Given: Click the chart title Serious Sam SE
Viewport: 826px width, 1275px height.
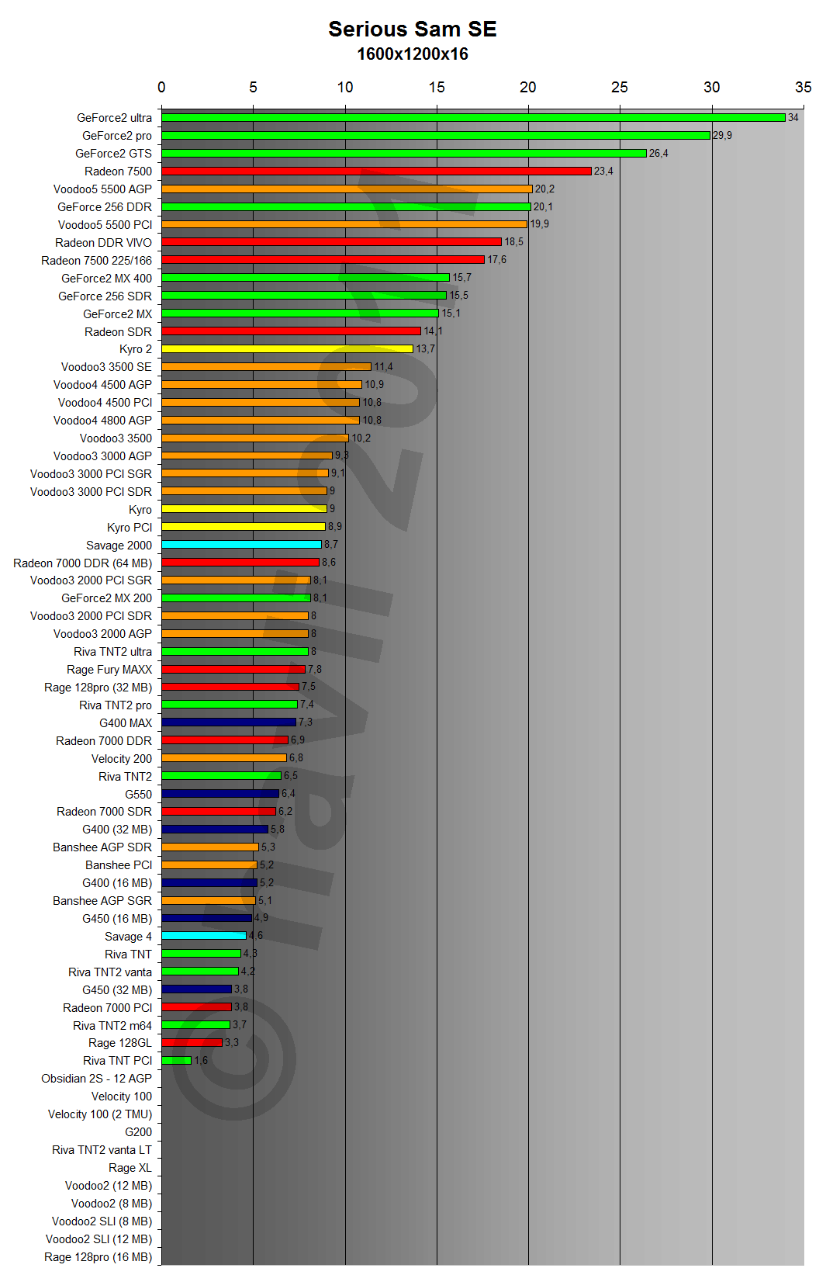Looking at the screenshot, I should pos(412,29).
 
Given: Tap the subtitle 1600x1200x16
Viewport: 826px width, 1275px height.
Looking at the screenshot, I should pos(412,54).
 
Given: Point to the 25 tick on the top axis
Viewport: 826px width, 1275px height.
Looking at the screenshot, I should pos(619,88).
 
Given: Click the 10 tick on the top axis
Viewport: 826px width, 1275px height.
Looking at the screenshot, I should pos(344,88).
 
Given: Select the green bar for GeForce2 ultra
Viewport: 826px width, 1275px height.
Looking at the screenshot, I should pos(473,118).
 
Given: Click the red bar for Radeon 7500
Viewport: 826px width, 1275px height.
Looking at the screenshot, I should pos(376,172).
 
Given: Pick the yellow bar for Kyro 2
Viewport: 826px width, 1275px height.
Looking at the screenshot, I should pos(287,349).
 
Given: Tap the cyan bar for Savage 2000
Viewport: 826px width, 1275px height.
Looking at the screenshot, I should pos(241,545).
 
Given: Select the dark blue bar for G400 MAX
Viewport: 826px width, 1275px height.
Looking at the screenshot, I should pos(229,722).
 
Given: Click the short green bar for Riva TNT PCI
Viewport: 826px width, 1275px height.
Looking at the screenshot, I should pos(176,1060).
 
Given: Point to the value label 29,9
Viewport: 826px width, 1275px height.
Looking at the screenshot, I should pos(722,136).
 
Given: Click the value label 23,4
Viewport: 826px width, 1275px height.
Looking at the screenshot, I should pos(603,172).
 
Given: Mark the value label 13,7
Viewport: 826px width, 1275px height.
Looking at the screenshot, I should pos(425,349).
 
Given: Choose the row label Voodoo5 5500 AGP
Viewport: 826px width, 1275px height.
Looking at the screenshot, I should pos(102,189).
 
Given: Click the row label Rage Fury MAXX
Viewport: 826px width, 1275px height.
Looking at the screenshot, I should pos(109,670).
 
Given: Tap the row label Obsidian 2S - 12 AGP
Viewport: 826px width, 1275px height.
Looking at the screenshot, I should pos(96,1079).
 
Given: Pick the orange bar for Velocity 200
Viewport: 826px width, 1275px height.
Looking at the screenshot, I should pos(224,758).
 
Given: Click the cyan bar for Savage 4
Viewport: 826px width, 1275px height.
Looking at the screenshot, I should pos(204,936).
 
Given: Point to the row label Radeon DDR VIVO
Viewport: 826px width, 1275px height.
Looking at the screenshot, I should pos(103,243).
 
